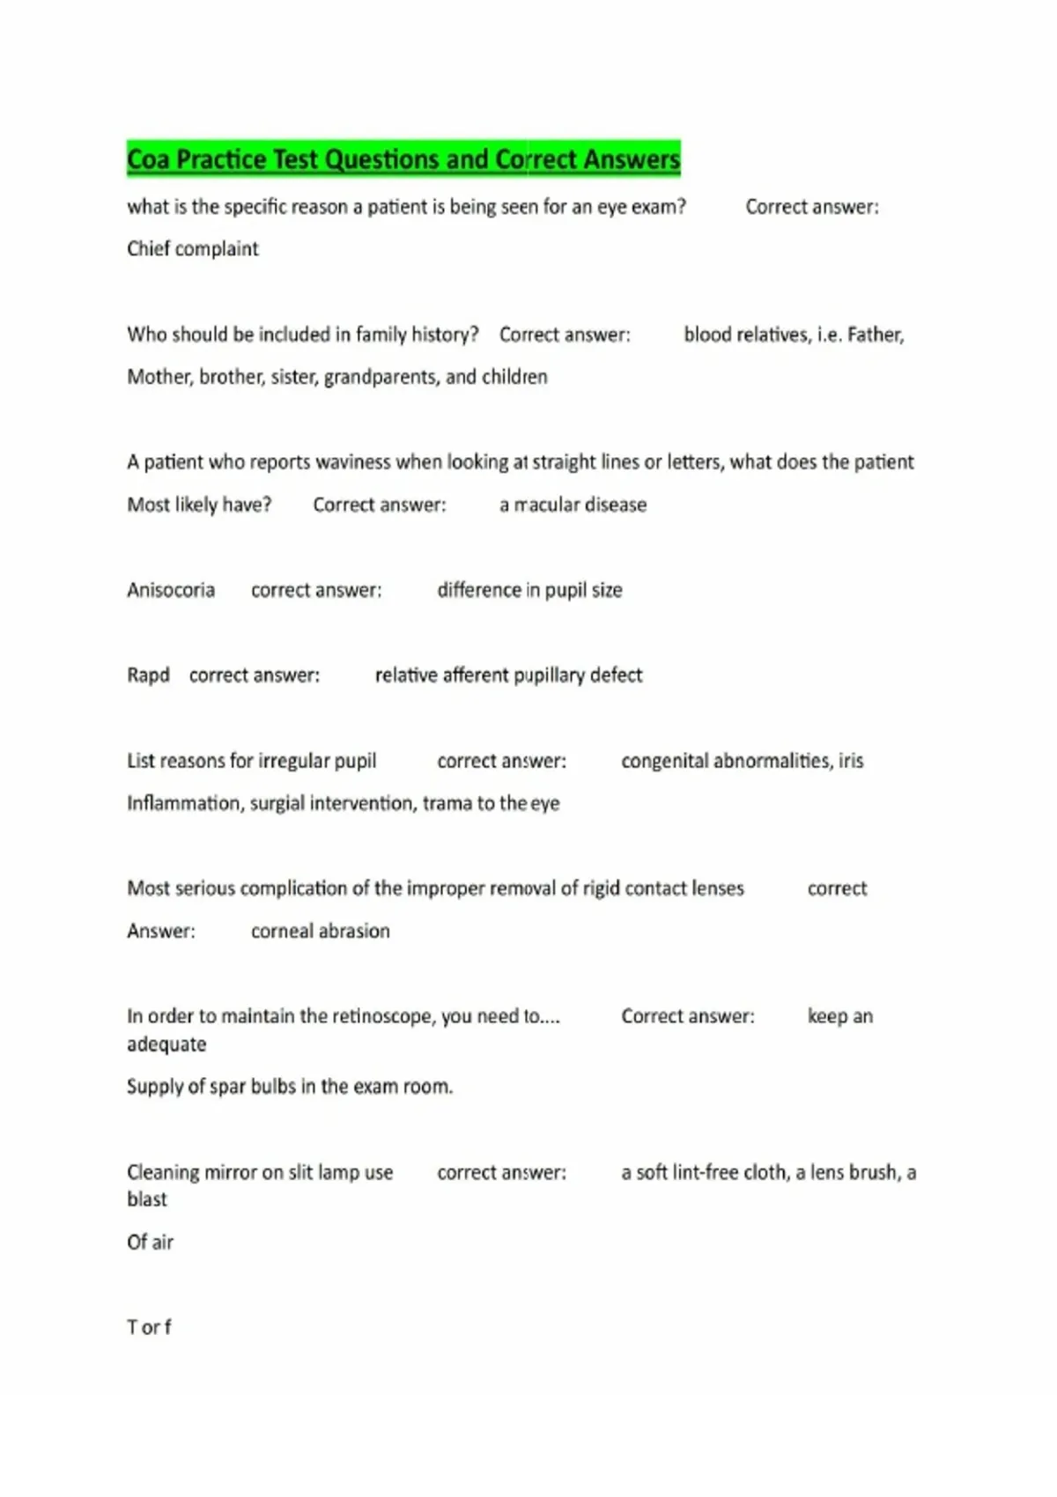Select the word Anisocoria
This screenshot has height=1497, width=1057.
(171, 590)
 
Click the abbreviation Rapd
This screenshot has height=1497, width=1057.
(148, 675)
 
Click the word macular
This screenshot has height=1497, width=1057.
(547, 505)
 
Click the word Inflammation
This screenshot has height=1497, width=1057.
(184, 803)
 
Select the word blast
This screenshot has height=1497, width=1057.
(147, 1199)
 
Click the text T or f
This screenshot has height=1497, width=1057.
(149, 1327)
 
